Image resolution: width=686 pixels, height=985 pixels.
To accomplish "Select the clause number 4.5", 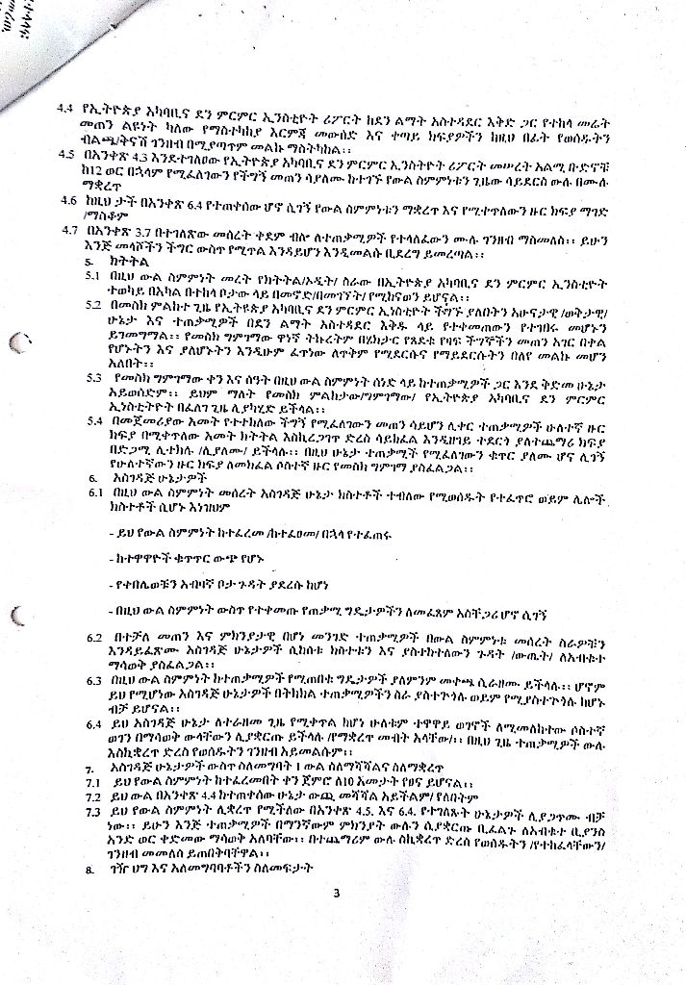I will click(x=67, y=153).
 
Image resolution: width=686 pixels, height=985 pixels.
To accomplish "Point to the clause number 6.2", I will click(x=93, y=638).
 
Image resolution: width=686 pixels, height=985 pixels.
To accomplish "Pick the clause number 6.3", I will click(x=93, y=680).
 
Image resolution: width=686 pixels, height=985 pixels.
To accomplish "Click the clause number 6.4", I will click(x=93, y=721).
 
